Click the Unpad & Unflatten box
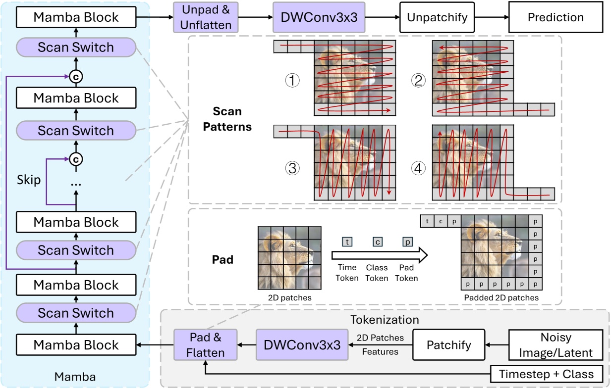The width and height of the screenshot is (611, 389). coord(205,17)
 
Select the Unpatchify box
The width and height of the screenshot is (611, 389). coord(437,17)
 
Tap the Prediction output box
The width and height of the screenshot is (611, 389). coord(555,17)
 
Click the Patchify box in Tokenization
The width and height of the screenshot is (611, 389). coord(448,345)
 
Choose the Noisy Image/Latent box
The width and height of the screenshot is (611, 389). coord(555,345)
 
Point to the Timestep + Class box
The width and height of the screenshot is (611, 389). coord(547,374)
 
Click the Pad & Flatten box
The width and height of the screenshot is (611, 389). coord(205,345)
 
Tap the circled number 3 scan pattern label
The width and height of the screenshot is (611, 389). coord(293,168)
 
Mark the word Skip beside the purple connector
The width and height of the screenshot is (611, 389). coord(29,180)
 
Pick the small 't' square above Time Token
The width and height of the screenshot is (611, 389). coord(347,242)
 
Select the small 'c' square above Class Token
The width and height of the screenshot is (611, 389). coord(377,242)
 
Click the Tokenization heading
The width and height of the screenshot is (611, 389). coord(385,320)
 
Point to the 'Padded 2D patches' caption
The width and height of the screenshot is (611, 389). coord(501,297)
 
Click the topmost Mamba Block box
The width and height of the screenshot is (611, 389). coord(76,17)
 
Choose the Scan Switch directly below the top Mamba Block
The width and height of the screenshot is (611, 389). coord(76,48)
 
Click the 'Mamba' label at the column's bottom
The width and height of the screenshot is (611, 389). coord(76,377)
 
